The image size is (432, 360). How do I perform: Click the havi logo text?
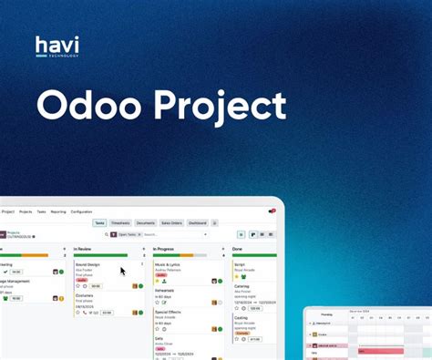tap(57, 44)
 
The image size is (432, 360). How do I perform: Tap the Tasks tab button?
tap(100, 222)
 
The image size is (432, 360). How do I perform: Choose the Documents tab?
tap(146, 222)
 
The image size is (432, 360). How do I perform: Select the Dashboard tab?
tap(197, 222)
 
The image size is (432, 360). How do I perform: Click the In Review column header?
tap(84, 249)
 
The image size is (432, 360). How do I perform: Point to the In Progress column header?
tap(165, 249)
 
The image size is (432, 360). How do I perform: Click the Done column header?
tap(237, 249)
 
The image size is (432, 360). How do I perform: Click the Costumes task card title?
tap(84, 295)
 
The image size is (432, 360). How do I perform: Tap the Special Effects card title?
tap(170, 310)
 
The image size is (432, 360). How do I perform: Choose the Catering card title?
tap(242, 284)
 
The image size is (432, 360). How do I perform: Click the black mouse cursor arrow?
tap(123, 271)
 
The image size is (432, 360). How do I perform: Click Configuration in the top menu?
tap(81, 211)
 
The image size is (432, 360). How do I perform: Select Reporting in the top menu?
tap(58, 211)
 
